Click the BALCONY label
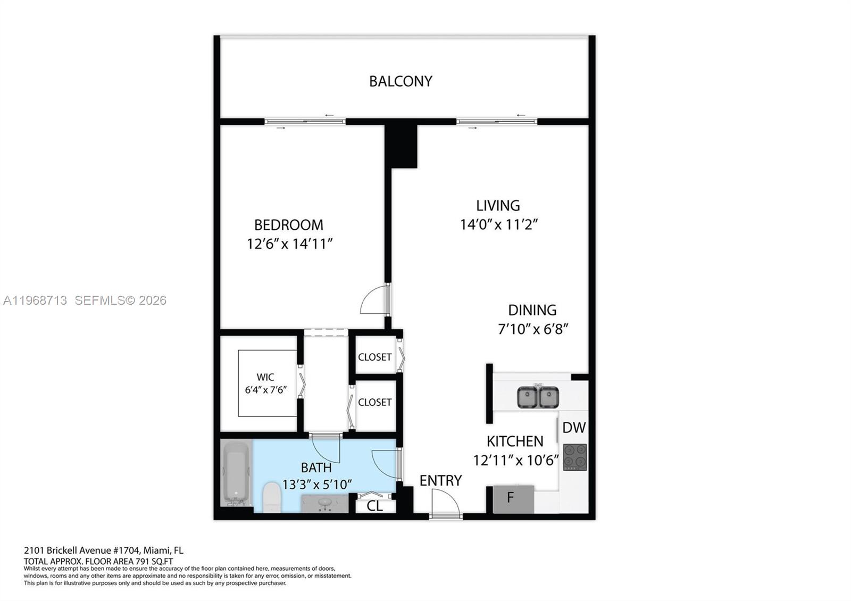[401, 81]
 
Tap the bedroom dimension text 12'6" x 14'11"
[289, 244]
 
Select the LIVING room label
[498, 205]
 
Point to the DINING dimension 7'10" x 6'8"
[533, 329]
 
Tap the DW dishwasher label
[574, 428]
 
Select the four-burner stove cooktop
[575, 457]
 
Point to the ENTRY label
[440, 481]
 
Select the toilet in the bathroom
[272, 497]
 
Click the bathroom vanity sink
[324, 503]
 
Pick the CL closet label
[375, 506]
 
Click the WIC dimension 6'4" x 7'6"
[265, 390]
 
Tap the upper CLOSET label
[374, 357]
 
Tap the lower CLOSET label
[374, 403]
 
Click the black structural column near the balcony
[401, 146]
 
